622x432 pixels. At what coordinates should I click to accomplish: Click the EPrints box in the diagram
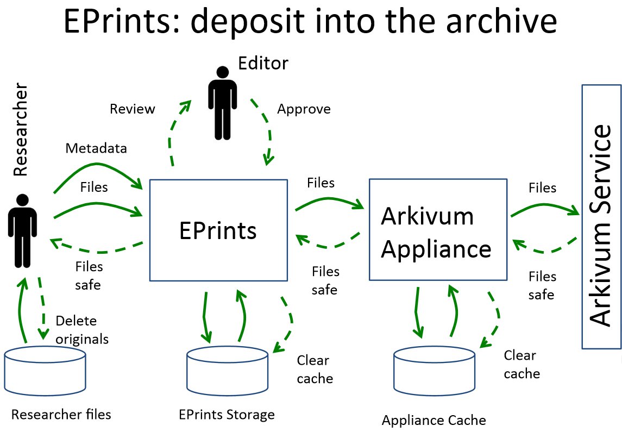tap(218, 230)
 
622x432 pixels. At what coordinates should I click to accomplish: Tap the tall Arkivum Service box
tap(601, 216)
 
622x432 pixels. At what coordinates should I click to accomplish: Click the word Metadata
tap(96, 148)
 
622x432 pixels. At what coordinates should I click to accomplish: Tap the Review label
tap(132, 109)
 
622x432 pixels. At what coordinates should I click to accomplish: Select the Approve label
tap(304, 109)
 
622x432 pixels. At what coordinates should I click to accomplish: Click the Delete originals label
tap(82, 330)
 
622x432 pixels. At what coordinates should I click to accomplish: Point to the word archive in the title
tap(502, 22)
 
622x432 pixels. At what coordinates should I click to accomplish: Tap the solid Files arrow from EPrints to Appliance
tap(329, 201)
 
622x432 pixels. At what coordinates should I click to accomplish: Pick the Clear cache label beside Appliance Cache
tap(522, 364)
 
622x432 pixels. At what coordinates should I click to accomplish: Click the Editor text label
tap(263, 64)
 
